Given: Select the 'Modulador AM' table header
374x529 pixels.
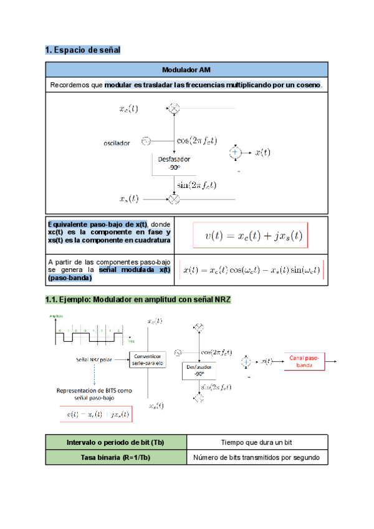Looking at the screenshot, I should [x=186, y=69].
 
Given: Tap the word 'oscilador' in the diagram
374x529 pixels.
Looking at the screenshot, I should [x=117, y=143].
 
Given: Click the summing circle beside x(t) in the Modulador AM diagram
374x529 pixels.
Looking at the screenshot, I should [x=235, y=152].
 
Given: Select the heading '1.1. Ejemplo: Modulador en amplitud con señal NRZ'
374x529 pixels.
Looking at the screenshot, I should [x=138, y=300].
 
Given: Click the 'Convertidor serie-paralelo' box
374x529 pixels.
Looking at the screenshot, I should [x=148, y=359].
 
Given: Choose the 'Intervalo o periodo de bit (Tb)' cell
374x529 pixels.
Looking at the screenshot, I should [x=117, y=442].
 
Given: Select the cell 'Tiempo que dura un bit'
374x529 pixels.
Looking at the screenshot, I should [x=257, y=442].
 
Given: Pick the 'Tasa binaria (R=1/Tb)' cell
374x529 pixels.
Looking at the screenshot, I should [x=117, y=458].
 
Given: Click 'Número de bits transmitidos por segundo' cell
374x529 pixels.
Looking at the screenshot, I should [x=257, y=458].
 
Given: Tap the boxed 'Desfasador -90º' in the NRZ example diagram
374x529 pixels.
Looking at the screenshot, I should [x=198, y=371].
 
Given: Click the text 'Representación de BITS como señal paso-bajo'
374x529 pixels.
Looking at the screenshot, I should [x=94, y=394].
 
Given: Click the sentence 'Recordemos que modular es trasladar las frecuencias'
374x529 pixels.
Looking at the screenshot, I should [x=186, y=85].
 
